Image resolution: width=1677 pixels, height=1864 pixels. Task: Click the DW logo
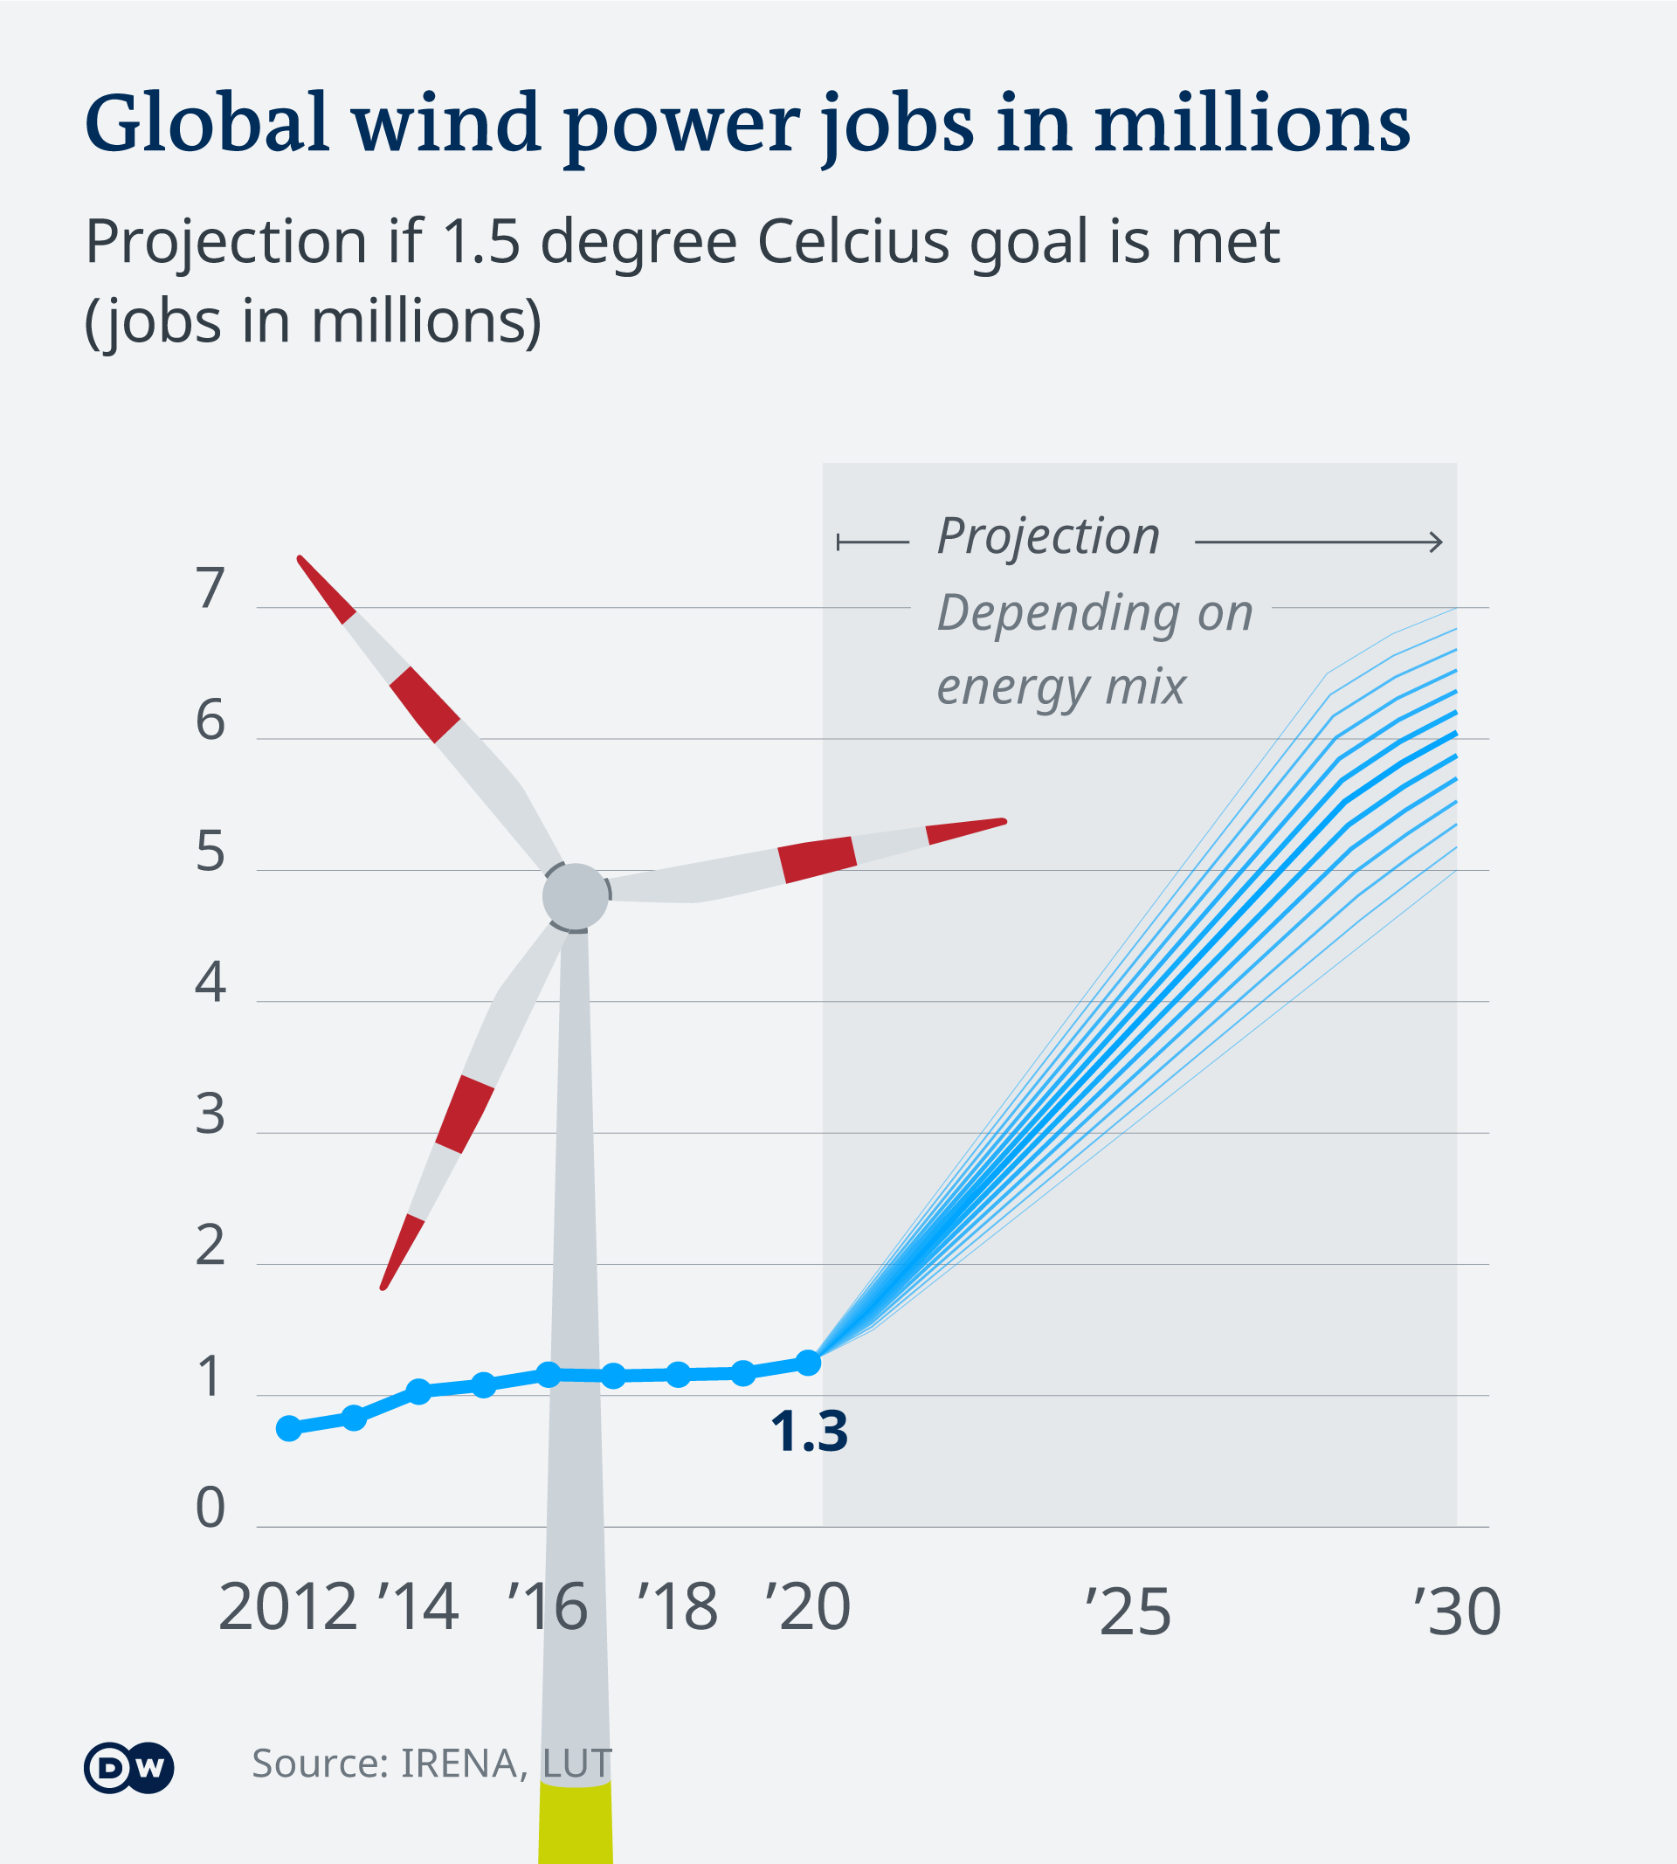click(128, 1767)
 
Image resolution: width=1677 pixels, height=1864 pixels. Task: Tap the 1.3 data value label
click(808, 1432)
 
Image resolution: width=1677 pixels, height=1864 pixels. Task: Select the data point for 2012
click(288, 1428)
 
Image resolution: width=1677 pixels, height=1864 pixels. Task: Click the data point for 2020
click(808, 1362)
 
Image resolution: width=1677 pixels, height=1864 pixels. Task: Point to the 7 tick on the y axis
click(210, 589)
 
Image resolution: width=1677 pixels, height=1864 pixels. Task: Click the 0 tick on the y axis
click(210, 1508)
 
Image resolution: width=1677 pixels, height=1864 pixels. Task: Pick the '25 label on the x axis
click(1127, 1612)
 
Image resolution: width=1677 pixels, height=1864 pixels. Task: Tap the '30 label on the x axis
click(1457, 1612)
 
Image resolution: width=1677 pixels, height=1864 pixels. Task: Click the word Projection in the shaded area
click(1047, 536)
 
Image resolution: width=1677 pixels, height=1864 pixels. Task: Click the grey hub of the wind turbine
click(575, 895)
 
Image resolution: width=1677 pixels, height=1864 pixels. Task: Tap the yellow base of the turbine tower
click(575, 1825)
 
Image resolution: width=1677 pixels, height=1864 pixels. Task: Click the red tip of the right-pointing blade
click(968, 829)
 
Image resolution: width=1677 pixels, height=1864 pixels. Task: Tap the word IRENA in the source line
click(458, 1764)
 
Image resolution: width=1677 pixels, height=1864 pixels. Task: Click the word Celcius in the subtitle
click(853, 242)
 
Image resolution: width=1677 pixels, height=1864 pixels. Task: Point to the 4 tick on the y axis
click(210, 984)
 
